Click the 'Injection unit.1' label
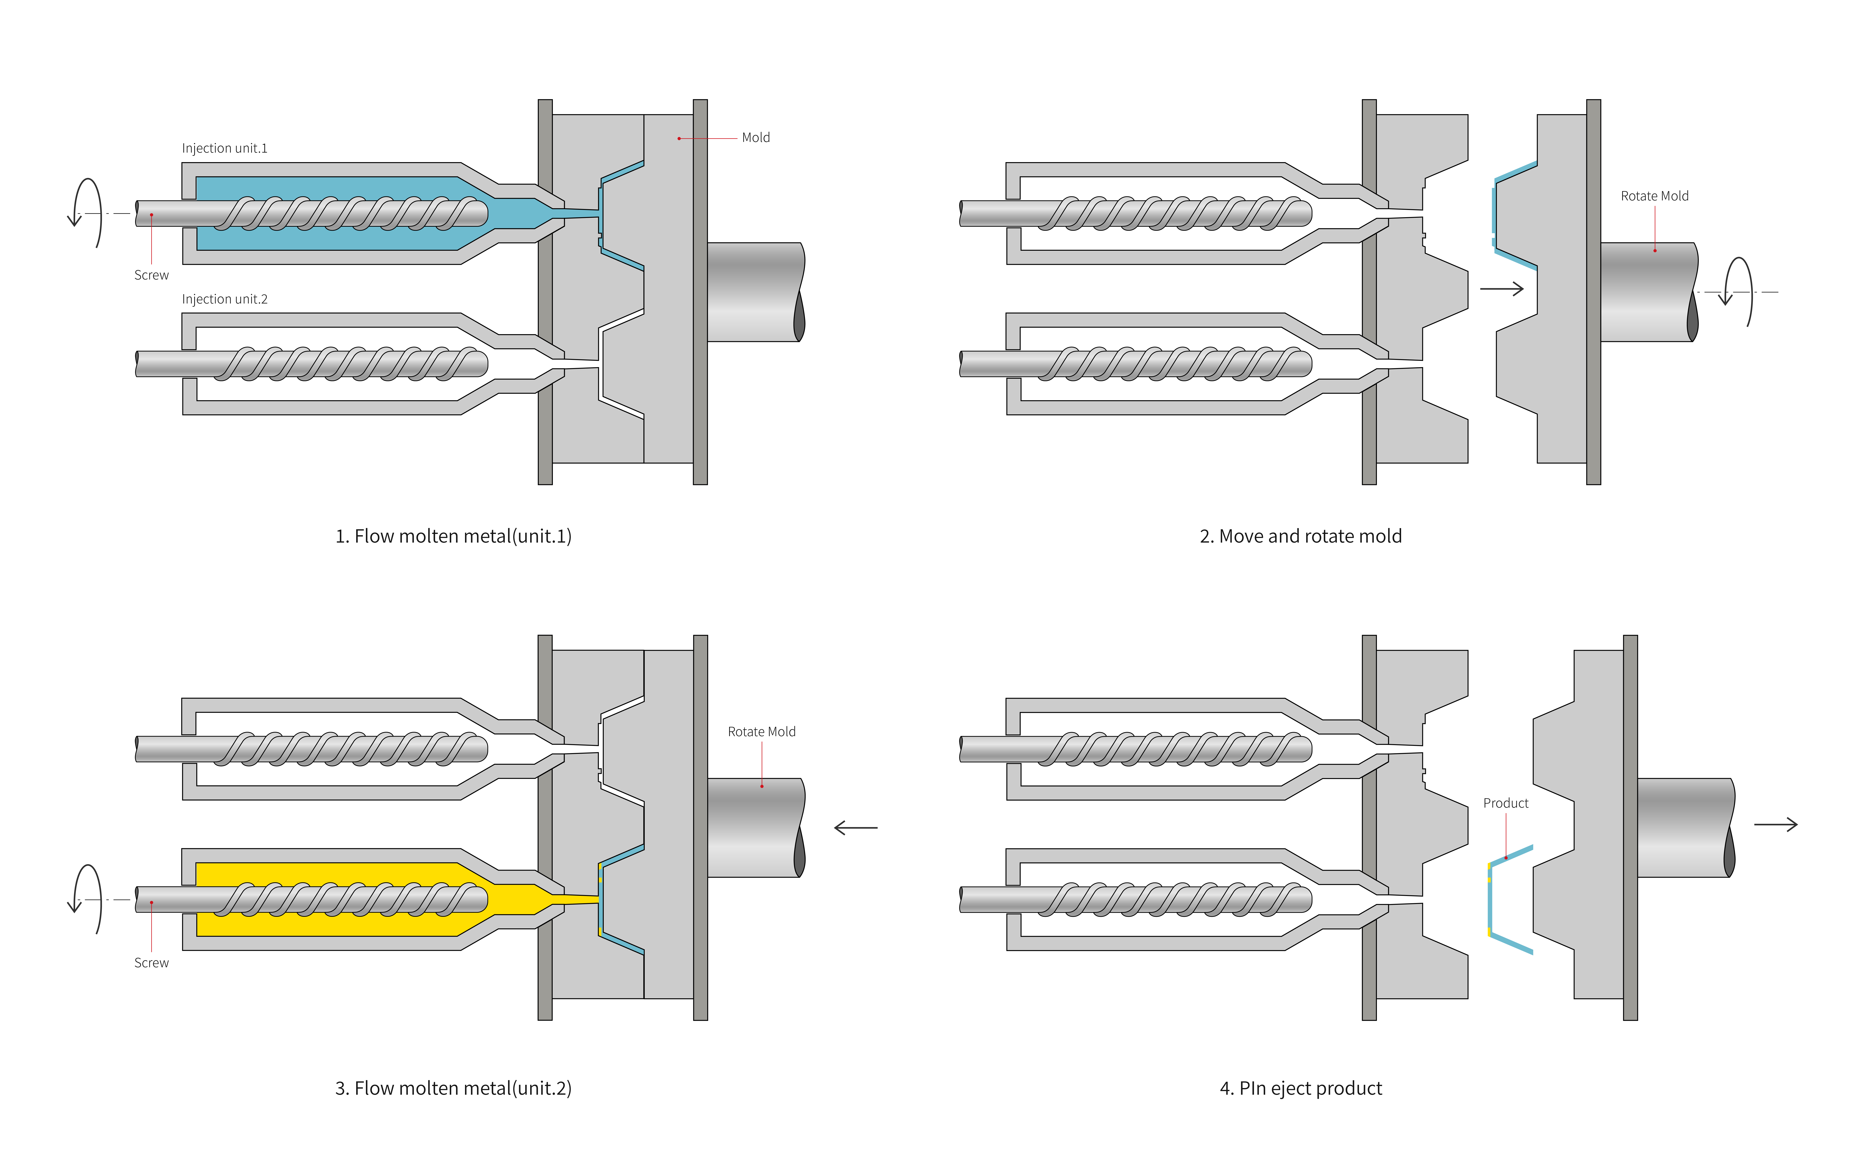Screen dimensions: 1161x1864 pos(224,148)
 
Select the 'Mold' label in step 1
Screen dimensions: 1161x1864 pos(756,137)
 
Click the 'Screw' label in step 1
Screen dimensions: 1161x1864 pos(151,275)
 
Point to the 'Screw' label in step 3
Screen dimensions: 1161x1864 pos(151,963)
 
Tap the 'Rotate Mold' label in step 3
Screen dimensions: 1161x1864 pos(761,732)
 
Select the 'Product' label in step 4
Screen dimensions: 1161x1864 pos(1505,803)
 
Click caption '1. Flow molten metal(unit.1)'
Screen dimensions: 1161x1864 pos(453,536)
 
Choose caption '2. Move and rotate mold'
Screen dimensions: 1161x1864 pos(1300,536)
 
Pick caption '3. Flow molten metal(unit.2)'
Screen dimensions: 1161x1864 pos(453,1088)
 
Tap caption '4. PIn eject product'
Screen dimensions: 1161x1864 pos(1300,1088)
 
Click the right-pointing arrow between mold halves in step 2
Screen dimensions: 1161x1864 pos(1502,289)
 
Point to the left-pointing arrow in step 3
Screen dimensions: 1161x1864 pos(856,828)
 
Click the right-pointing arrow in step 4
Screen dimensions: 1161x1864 pos(1776,825)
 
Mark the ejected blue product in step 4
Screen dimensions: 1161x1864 pos(1491,898)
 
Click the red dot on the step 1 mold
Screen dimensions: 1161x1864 pos(679,138)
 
